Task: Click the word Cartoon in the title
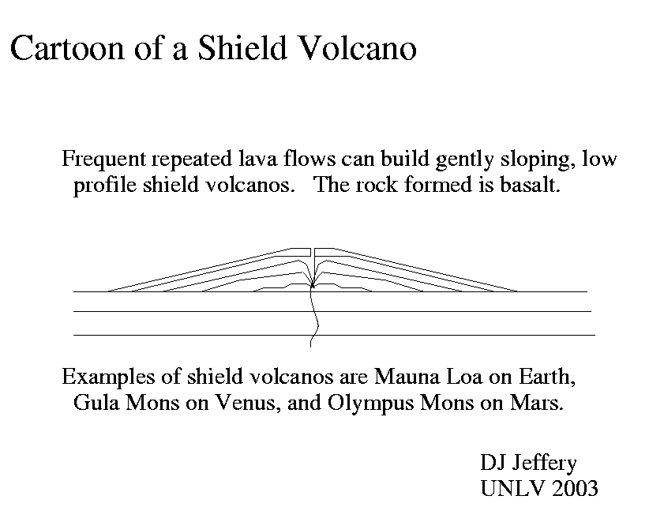(67, 48)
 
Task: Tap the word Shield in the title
(242, 47)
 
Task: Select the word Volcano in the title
(357, 47)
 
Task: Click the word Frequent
(103, 160)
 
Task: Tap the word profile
(106, 186)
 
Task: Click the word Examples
(108, 377)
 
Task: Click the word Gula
(96, 402)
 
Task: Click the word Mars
(537, 403)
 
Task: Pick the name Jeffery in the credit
(544, 463)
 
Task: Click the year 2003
(575, 488)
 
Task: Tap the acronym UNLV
(512, 488)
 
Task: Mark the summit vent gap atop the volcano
(313, 252)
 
